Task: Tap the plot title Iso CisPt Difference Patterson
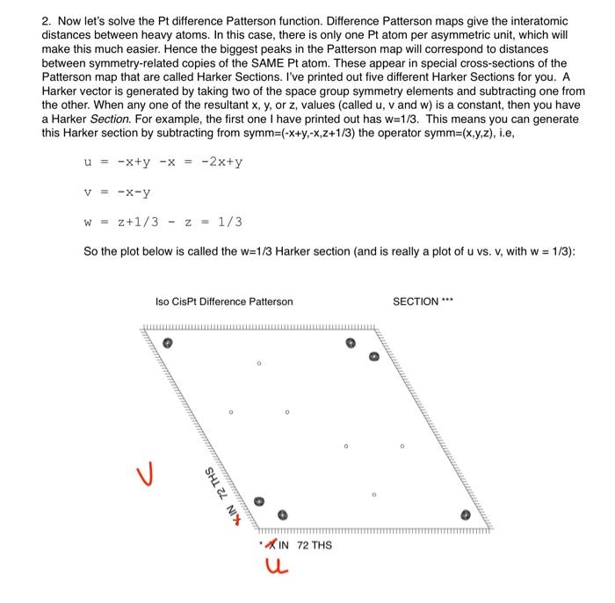pos(224,301)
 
